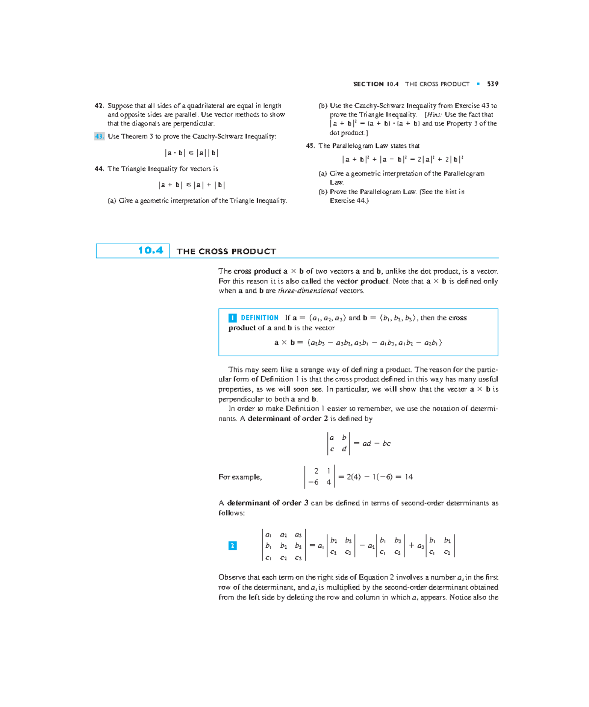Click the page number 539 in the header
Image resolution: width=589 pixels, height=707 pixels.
493,84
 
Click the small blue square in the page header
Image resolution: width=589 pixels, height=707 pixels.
478,84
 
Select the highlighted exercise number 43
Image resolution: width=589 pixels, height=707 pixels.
99,137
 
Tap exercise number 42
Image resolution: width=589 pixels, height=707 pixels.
99,106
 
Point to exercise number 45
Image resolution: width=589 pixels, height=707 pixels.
310,146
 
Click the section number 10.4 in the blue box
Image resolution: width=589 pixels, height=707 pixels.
150,251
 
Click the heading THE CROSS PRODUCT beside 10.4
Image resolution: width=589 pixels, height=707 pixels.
226,252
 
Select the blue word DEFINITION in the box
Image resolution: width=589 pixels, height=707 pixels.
259,318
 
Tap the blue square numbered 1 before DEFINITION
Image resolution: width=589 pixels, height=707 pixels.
233,318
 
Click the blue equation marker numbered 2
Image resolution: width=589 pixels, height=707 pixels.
233,546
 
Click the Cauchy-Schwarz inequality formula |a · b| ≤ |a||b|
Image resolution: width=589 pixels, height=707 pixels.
191,153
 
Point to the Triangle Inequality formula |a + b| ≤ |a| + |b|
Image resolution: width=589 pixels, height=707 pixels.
191,185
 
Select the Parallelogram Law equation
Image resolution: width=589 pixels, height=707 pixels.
402,159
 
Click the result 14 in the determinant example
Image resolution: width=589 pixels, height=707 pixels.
408,477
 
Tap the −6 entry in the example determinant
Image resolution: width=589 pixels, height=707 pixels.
314,482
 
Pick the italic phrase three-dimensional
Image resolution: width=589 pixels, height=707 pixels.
307,291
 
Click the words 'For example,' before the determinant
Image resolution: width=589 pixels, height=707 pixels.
240,477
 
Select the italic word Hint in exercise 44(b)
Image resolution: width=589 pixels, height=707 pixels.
433,115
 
